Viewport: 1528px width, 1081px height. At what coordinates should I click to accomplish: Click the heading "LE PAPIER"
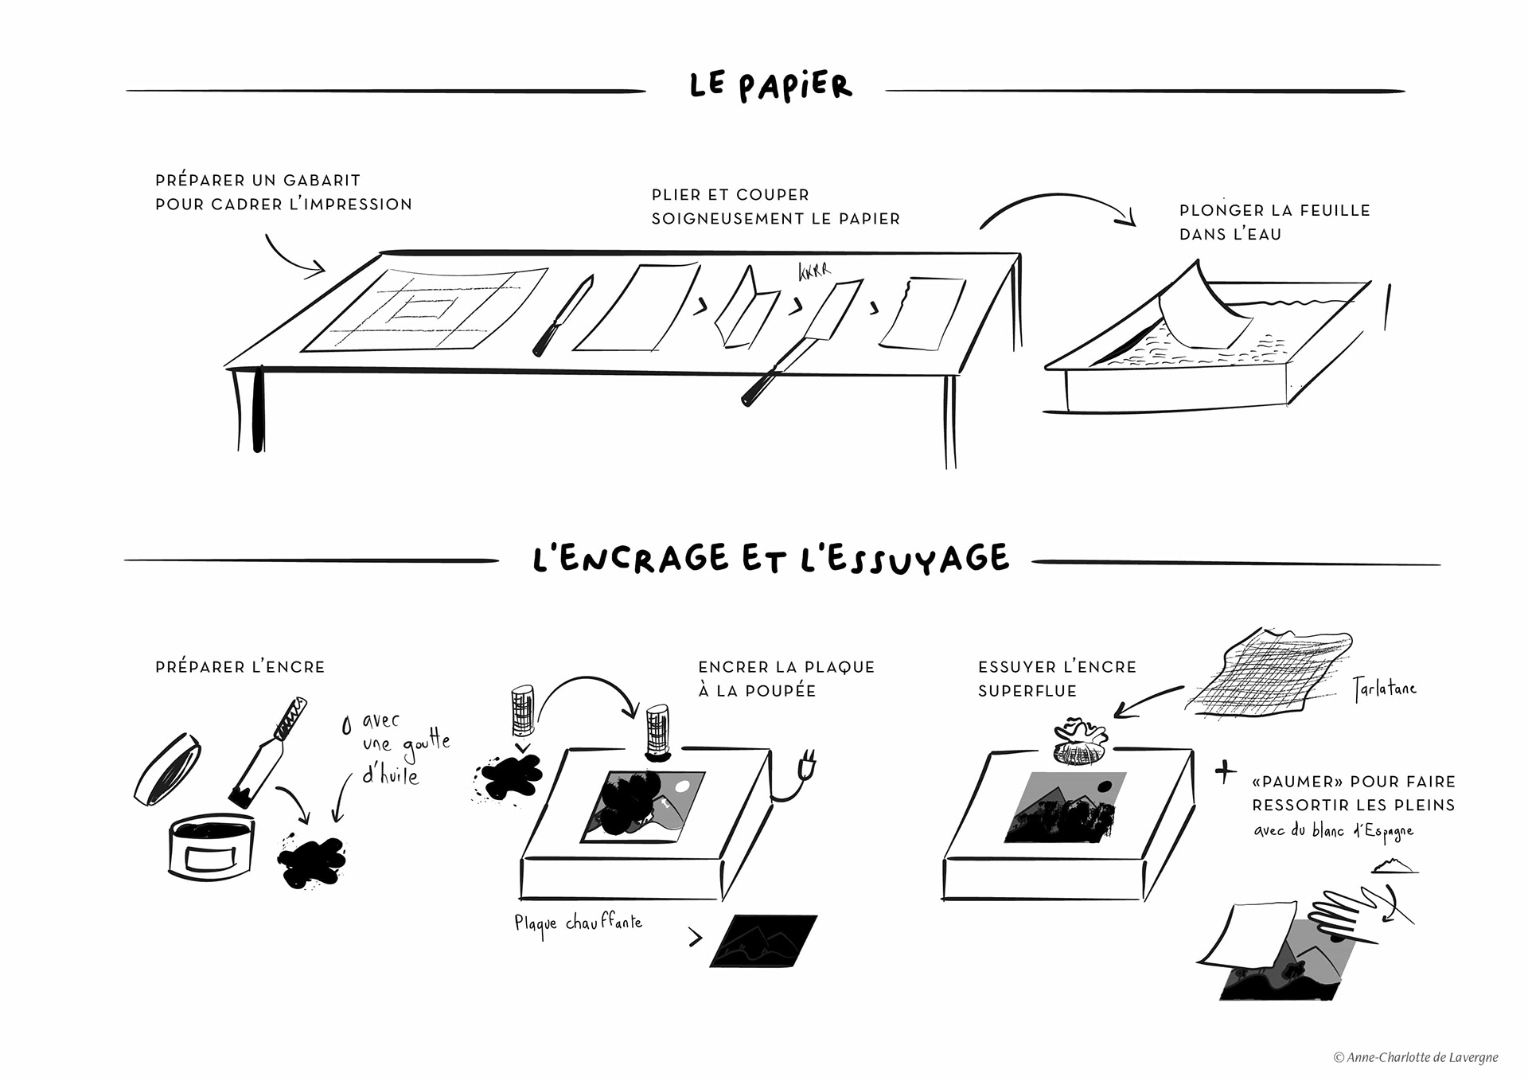[x=770, y=86]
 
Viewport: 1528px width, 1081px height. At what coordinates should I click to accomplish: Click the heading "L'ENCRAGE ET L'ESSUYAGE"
[x=770, y=558]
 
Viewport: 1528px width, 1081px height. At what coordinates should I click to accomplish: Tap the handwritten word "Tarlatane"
[x=1386, y=689]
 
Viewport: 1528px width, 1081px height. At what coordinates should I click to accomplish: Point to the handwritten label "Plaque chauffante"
[x=578, y=924]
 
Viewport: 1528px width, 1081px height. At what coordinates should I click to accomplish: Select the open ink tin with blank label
[x=211, y=851]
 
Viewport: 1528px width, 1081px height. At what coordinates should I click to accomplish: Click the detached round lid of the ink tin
[x=167, y=769]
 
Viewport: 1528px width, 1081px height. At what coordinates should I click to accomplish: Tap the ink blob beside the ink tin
[x=311, y=861]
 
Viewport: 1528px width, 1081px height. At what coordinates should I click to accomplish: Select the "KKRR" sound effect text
[x=813, y=271]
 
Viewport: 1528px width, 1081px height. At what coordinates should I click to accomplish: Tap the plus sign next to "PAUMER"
[x=1226, y=771]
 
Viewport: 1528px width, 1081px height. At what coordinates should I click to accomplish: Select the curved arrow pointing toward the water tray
[x=1058, y=207]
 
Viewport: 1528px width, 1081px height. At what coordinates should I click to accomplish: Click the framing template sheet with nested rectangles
[x=425, y=310]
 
